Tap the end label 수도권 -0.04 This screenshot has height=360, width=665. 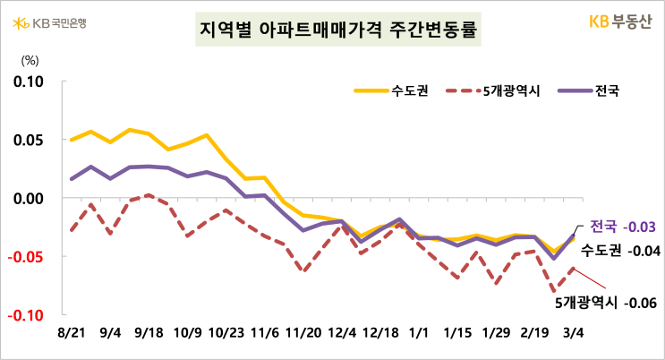click(x=619, y=251)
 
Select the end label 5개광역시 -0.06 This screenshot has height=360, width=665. click(x=606, y=304)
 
